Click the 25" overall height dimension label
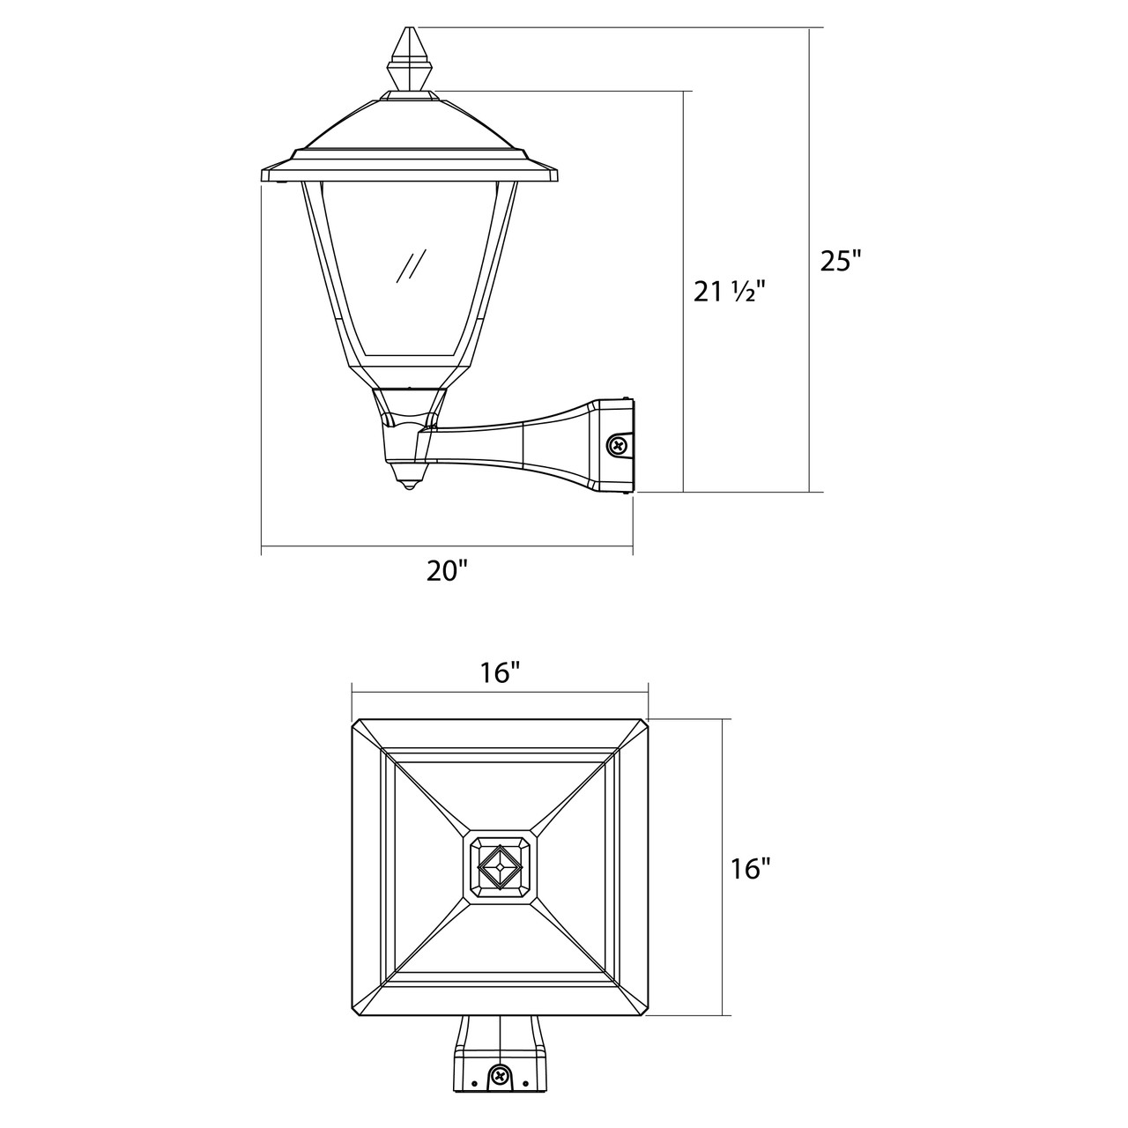click(x=842, y=261)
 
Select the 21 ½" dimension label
click(x=730, y=291)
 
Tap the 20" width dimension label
click(x=447, y=571)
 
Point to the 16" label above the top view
click(x=500, y=672)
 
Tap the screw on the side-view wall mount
click(x=618, y=445)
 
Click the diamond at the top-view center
click(x=500, y=866)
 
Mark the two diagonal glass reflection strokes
click(x=411, y=266)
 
